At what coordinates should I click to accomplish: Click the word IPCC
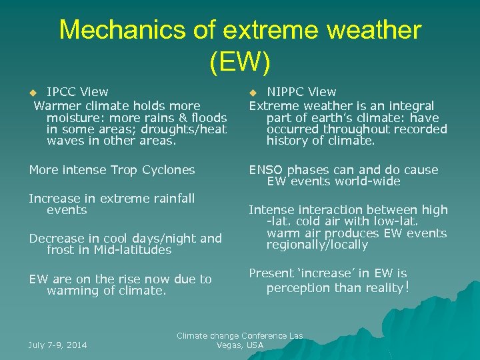(61, 92)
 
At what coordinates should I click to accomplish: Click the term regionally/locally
(317, 245)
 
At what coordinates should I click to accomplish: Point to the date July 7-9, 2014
(58, 345)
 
